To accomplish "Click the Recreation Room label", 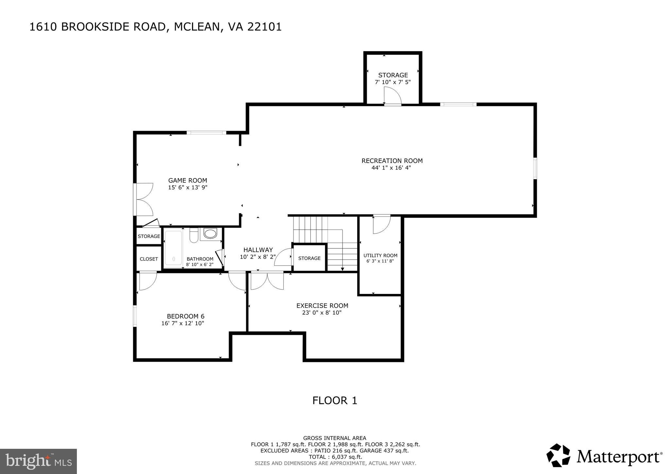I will coord(392,161).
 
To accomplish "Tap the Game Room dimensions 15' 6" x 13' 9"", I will coord(188,188).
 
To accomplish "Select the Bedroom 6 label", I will coord(185,316).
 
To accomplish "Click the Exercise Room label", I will coord(322,305).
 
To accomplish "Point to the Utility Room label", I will coord(380,255).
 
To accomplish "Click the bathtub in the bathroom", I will coord(173,248).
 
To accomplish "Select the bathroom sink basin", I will coord(210,234).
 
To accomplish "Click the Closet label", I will coord(149,259).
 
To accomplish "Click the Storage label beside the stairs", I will coord(309,258).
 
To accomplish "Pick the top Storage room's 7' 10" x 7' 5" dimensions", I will coord(393,82).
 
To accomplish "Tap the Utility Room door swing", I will coord(381,225).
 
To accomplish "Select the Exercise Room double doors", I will coord(267,281).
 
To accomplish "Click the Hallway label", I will coord(258,250).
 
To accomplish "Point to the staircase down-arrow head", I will coord(343,269).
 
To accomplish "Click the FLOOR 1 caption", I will coord(335,400).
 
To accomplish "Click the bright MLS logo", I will coord(38,462).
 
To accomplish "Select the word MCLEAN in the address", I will coord(197,27).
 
